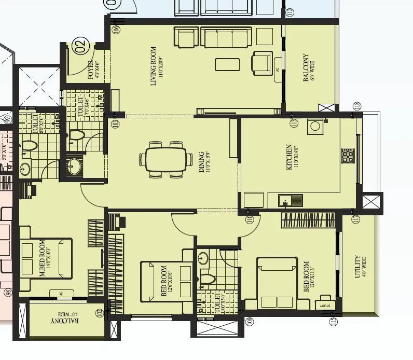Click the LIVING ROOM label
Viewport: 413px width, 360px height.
click(154, 66)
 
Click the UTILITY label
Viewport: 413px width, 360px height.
click(357, 267)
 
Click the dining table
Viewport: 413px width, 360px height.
click(166, 159)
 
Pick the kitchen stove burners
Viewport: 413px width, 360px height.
click(348, 154)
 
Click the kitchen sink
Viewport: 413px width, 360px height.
click(290, 199)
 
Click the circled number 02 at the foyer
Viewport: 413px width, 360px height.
click(80, 47)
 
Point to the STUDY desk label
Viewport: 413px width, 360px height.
click(325, 306)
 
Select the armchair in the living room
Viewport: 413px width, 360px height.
click(262, 62)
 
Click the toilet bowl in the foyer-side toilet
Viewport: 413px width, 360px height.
click(77, 136)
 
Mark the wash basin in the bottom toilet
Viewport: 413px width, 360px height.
click(203, 257)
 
